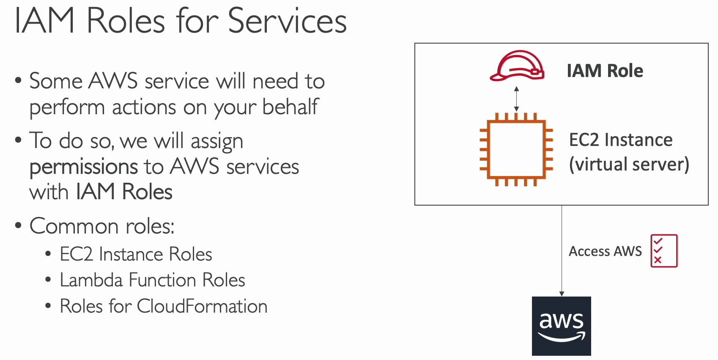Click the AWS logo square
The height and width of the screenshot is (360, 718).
561,326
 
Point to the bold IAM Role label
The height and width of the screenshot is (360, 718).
605,71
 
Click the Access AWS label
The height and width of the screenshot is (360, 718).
605,251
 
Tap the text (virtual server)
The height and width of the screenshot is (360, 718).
629,165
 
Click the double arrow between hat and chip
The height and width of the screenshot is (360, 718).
516,99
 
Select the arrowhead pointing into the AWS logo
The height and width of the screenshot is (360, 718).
562,294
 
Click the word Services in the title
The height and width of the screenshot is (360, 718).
287,21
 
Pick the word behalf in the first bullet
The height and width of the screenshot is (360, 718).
290,107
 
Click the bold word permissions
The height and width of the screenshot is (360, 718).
84,168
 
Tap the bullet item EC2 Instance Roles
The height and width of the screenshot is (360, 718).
136,254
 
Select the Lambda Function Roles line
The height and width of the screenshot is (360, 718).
152,280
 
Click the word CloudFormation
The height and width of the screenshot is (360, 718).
202,306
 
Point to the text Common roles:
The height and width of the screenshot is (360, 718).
102,226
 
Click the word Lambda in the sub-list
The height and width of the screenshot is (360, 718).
91,280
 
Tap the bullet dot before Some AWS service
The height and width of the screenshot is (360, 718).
18,80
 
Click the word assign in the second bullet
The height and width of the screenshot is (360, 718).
217,142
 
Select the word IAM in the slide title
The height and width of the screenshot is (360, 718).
44,21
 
